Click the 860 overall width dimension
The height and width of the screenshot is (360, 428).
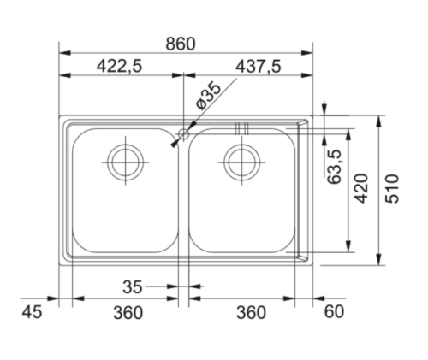tap(181, 44)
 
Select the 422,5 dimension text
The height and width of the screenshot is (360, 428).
tap(119, 67)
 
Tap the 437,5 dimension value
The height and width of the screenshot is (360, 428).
tap(259, 67)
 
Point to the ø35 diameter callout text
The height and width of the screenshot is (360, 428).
tap(209, 96)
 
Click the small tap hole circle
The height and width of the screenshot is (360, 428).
tap(183, 133)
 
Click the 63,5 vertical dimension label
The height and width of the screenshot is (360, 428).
tap(335, 167)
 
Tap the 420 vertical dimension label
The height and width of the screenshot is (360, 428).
tap(361, 188)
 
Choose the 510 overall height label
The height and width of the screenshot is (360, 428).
tap(392, 188)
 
